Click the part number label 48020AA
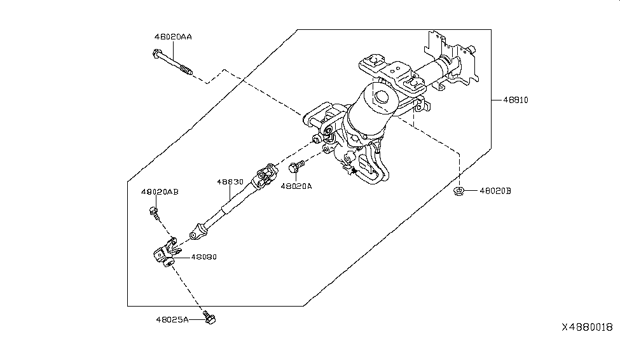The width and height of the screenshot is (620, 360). pyautogui.click(x=172, y=37)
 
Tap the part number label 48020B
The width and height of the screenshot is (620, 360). pyautogui.click(x=495, y=190)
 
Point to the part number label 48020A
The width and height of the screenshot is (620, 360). pyautogui.click(x=297, y=186)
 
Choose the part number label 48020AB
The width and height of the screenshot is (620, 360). pyautogui.click(x=160, y=191)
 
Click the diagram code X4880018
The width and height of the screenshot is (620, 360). pyautogui.click(x=586, y=327)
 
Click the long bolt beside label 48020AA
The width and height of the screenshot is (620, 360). pyautogui.click(x=173, y=61)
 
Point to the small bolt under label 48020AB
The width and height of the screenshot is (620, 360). pyautogui.click(x=153, y=211)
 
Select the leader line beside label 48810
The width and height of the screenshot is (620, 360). pyautogui.click(x=496, y=100)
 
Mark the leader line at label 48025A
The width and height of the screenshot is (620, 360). pyautogui.click(x=195, y=320)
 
